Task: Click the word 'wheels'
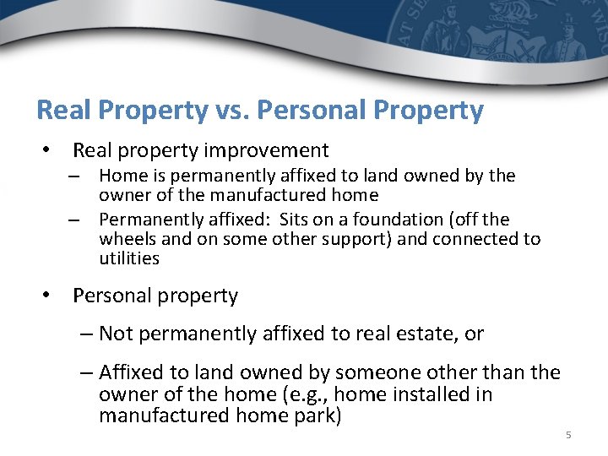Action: click(126, 239)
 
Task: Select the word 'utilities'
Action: click(128, 258)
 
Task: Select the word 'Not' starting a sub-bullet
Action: click(116, 334)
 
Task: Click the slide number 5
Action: click(567, 435)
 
